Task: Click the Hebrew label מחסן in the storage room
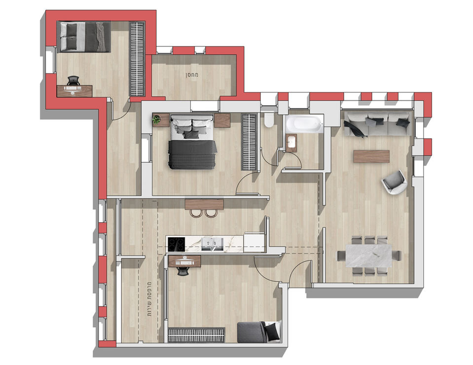192,75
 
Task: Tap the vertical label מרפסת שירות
149,298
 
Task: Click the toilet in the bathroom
268,119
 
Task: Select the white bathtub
304,124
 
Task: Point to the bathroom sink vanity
291,143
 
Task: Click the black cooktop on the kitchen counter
176,244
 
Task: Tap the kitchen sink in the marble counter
213,244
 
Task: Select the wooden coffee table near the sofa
372,156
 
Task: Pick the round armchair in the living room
394,182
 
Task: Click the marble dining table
368,256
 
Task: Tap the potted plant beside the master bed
156,119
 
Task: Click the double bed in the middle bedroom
193,141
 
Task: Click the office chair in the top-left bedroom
73,80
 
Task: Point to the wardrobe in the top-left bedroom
137,59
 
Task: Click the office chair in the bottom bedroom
182,271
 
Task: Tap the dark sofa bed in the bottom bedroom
259,332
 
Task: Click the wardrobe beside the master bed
249,142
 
